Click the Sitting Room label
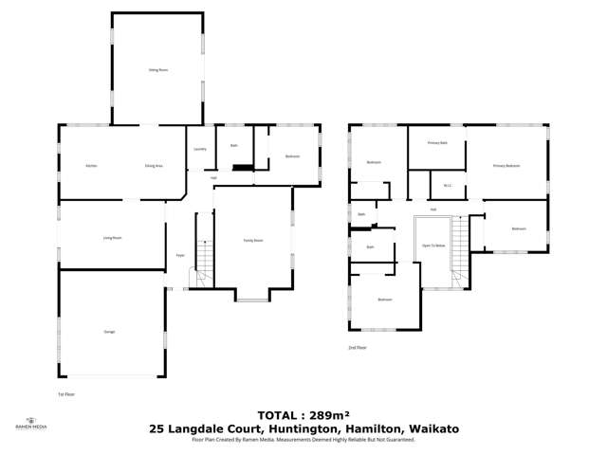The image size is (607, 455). click(157, 70)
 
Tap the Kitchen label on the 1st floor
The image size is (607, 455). click(91, 166)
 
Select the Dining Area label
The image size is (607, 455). click(154, 166)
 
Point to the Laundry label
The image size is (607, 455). click(200, 149)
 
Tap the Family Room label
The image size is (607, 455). click(252, 241)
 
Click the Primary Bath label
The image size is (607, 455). click(437, 142)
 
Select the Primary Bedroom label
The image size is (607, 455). click(506, 166)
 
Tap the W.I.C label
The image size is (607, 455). click(446, 186)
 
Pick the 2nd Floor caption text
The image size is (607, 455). click(357, 348)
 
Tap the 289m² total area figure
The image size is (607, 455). click(322, 415)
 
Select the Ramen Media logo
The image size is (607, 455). click(31, 424)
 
